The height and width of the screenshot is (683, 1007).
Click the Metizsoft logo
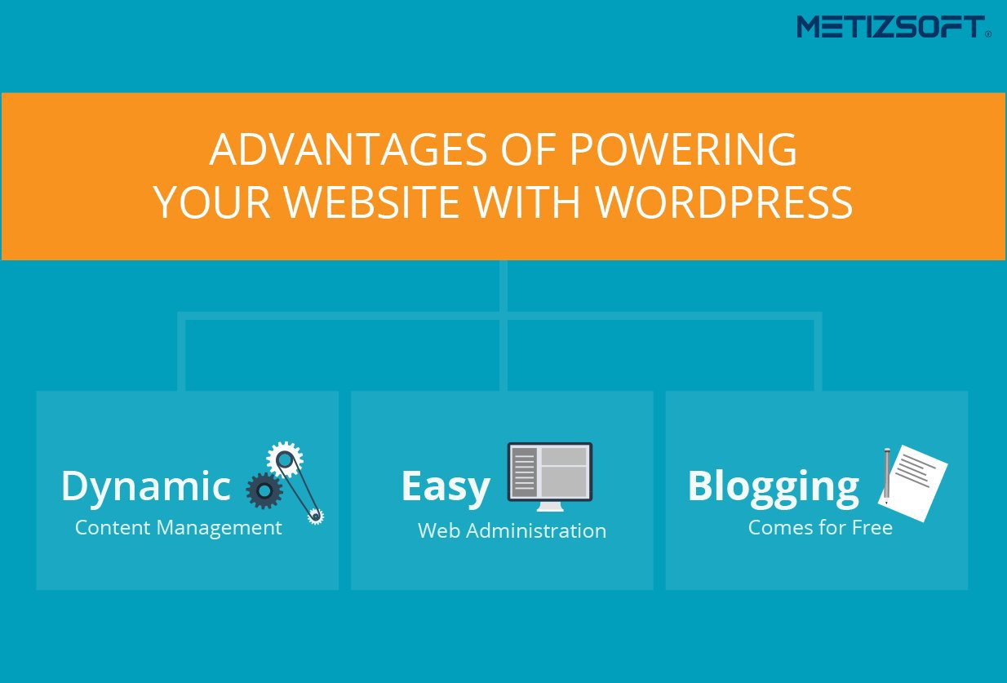coord(894,27)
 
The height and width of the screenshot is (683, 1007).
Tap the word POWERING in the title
coord(683,149)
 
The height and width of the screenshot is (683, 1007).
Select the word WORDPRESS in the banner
coord(724,202)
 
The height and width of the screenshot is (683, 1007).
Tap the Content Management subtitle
coord(179,527)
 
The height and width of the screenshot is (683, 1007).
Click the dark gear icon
coord(264,490)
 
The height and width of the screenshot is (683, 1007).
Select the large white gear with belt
coord(285,459)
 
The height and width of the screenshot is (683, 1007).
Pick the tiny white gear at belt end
coord(315,517)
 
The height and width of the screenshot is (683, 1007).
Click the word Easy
coord(446,486)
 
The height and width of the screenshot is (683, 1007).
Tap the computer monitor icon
coord(550,477)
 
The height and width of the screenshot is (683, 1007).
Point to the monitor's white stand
coord(550,507)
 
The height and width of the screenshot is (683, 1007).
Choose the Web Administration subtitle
coord(512,531)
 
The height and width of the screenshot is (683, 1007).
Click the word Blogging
coord(774,488)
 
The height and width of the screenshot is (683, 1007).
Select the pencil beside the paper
coord(886,477)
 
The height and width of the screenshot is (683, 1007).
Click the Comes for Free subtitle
coord(820,528)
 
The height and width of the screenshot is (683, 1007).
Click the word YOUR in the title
coord(212,202)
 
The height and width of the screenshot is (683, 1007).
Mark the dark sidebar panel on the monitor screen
coord(524,472)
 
